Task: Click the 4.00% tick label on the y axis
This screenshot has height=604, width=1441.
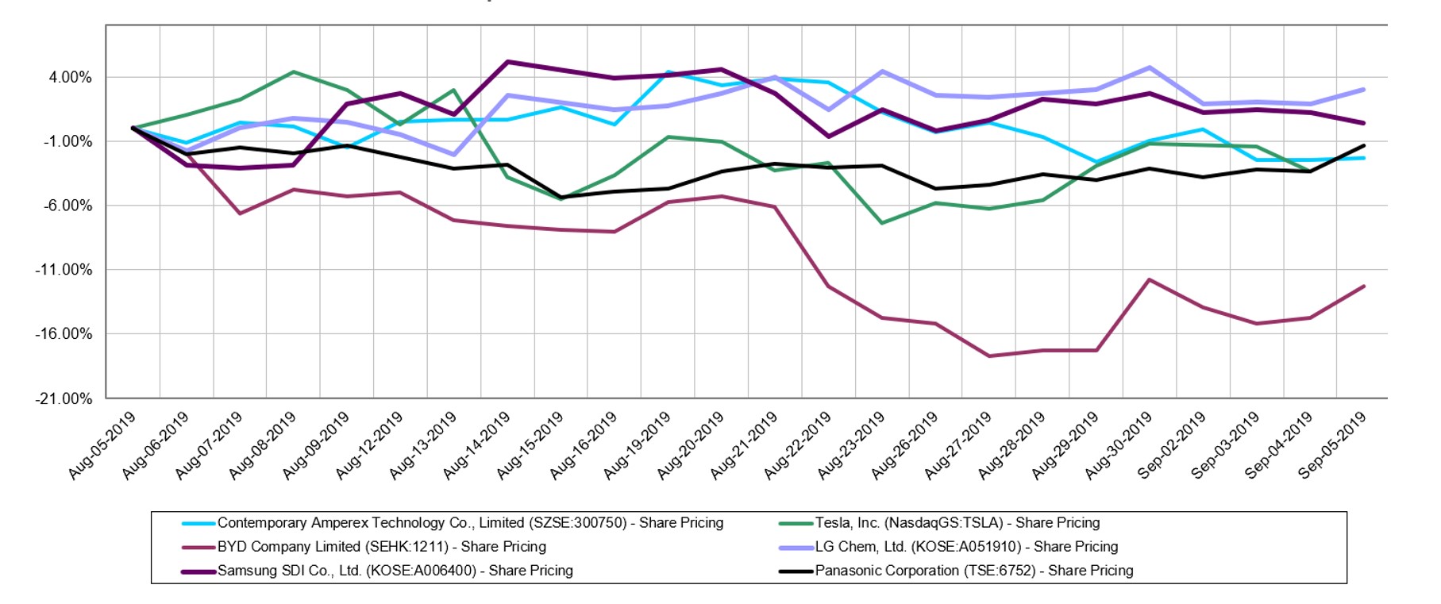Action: [x=70, y=78]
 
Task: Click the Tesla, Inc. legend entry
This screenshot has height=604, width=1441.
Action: [x=957, y=523]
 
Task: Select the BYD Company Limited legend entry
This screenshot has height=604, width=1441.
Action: [x=381, y=547]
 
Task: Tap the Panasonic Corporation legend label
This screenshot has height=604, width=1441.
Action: [x=973, y=571]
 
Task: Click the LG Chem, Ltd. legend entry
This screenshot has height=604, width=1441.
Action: [x=965, y=547]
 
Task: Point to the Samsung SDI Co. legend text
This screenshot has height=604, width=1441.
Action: [x=395, y=571]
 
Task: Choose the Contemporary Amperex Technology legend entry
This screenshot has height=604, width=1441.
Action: [x=470, y=523]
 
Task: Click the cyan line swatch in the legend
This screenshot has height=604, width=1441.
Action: [x=198, y=524]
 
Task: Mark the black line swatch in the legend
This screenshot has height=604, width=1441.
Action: [x=796, y=571]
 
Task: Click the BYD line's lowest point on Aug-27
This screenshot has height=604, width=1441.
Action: [x=989, y=356]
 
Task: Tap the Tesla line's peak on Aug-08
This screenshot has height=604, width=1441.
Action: [x=294, y=72]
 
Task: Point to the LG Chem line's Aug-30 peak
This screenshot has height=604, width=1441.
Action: [x=1150, y=67]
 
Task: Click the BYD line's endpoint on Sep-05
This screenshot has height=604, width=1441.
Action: [x=1364, y=287]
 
